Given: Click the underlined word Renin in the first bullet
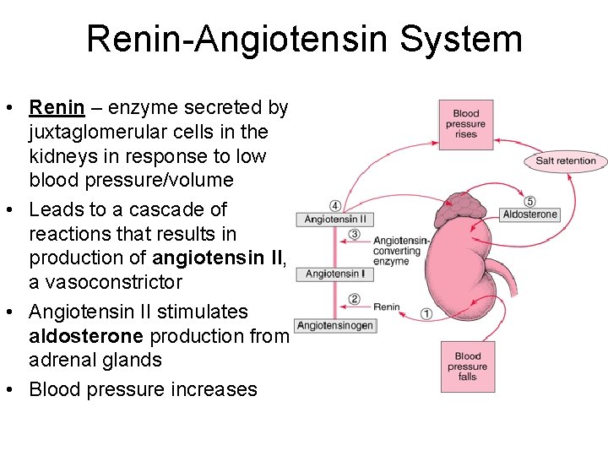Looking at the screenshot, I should point(57,108).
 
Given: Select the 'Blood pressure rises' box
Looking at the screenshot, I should point(465,124).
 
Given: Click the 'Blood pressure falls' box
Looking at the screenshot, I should point(467,366).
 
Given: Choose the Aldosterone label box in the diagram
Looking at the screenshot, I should point(529,214).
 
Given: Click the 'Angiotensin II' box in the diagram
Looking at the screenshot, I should point(335,220).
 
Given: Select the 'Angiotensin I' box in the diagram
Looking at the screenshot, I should point(335,274).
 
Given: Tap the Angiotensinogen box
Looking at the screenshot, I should point(335,326).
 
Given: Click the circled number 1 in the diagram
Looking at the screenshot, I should point(426,313).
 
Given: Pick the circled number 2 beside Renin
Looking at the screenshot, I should point(355,299).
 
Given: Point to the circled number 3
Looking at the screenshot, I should point(355,234).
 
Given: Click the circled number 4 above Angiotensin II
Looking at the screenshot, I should point(335,206).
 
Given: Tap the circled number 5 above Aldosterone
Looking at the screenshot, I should point(529,202).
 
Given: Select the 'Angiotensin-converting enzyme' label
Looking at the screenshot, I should point(402,251).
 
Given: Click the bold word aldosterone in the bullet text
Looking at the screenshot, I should point(86,336).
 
